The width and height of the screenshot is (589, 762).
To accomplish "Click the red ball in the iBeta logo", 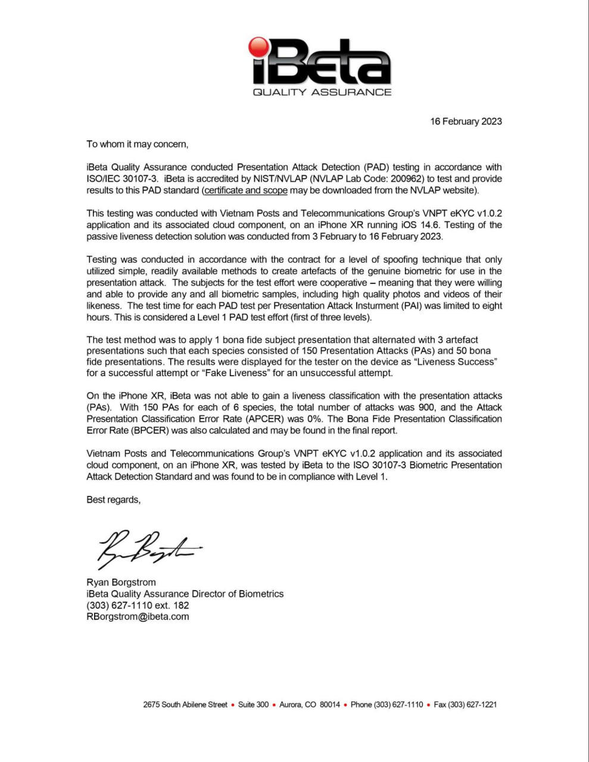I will pos(260,47).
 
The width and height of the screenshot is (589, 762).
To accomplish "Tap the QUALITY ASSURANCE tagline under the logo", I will pos(322,92).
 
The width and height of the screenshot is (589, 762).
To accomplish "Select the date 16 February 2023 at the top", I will pos(466,121).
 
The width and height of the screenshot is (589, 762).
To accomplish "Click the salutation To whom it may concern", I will pos(137,144).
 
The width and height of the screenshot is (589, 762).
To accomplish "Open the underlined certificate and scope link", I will pos(245,190).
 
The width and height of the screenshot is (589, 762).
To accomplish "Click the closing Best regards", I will pos(113,500).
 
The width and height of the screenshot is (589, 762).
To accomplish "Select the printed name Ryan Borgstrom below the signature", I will pos(121,582).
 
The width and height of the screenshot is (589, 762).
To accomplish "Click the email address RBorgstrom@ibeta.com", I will pos(138,617).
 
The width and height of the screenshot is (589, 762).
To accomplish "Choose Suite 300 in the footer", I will pos(253,705).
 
